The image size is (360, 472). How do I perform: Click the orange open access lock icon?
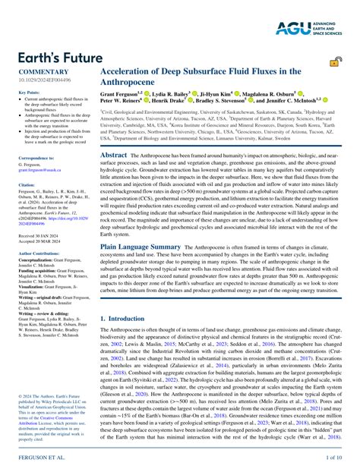click(334, 66)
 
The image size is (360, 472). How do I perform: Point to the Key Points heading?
click(29, 93)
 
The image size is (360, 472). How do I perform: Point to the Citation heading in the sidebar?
click(27, 184)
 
